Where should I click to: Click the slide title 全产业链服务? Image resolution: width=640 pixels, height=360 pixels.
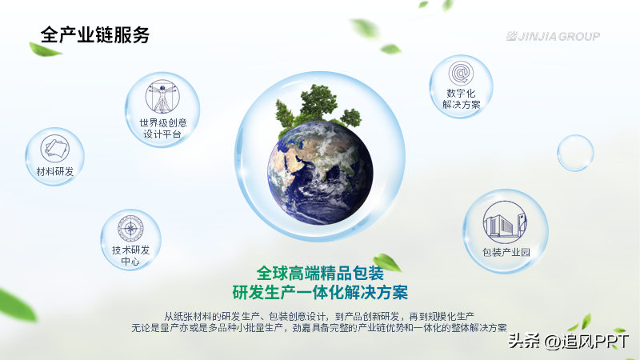tap(95, 34)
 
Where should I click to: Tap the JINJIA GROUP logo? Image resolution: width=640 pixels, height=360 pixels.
tap(553, 36)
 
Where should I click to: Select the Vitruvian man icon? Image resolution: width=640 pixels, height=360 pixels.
tap(162, 96)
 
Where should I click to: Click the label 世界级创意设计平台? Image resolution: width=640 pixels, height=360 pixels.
tap(163, 128)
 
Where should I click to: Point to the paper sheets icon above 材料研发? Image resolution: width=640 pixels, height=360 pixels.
tap(54, 149)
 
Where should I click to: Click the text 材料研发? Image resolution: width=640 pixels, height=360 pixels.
tap(54, 171)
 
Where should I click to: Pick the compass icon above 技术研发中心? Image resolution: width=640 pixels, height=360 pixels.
tap(130, 228)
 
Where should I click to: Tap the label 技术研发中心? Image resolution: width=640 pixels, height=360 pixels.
tap(130, 255)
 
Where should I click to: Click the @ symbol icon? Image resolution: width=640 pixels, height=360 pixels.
tap(461, 74)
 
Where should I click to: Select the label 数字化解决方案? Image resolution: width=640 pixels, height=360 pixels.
tap(462, 99)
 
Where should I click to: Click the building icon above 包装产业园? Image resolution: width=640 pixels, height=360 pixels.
tap(505, 222)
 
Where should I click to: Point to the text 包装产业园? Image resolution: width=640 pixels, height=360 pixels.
tap(506, 252)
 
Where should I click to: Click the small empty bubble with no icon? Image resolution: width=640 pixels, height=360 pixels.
tap(575, 153)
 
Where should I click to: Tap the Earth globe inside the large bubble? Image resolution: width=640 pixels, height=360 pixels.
tap(320, 173)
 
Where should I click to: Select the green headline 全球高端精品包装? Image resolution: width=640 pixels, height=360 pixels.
tap(320, 273)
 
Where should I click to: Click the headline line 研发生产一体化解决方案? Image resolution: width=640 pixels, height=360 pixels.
tap(320, 293)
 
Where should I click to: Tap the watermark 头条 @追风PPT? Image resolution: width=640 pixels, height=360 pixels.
tap(568, 342)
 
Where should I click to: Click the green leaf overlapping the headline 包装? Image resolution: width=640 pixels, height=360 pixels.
tap(387, 262)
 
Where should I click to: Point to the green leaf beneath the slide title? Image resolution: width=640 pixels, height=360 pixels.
tap(44, 50)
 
